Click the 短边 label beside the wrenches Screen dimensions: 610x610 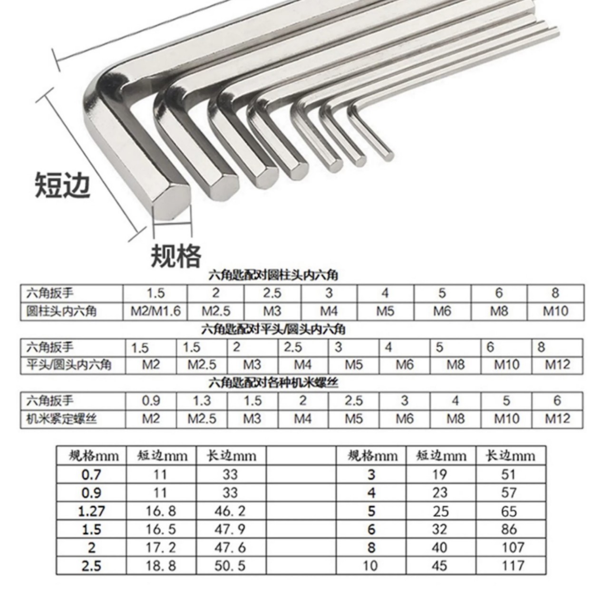63,185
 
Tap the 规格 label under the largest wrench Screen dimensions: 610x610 176,256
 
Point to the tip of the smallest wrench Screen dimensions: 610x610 387,155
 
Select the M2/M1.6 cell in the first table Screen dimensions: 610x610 156,311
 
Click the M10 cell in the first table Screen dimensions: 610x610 556,311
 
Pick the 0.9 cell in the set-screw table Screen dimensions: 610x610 151,401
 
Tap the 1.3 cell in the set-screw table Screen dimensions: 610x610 202,401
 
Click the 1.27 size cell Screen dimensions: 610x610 91,512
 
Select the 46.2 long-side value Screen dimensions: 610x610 230,511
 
